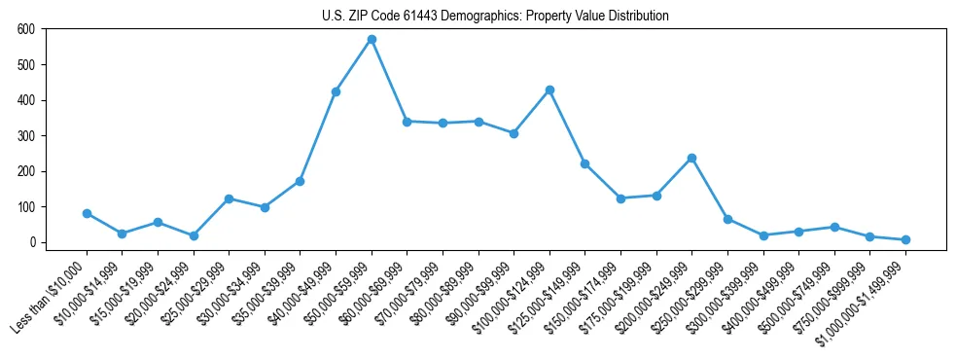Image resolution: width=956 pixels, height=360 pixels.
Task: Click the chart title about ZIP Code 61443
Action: tap(495, 16)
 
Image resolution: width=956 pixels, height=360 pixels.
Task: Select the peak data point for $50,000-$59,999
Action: tap(372, 40)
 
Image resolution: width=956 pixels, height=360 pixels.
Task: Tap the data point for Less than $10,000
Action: tap(87, 213)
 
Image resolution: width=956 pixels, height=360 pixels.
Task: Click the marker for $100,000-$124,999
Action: tap(549, 90)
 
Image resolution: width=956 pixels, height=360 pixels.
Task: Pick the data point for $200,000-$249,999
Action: tap(691, 158)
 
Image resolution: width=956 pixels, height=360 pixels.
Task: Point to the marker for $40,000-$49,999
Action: tap(336, 91)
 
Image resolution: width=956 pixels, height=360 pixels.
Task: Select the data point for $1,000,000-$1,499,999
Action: tap(905, 239)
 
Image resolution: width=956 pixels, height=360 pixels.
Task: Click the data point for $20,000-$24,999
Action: tap(194, 235)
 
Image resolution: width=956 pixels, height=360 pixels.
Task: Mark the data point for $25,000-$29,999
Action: tap(229, 198)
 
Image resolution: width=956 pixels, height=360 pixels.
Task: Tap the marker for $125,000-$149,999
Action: tap(584, 163)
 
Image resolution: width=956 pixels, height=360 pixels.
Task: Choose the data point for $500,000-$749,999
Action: tap(834, 227)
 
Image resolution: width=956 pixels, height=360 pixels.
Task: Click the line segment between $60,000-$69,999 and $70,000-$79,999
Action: tap(425, 123)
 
